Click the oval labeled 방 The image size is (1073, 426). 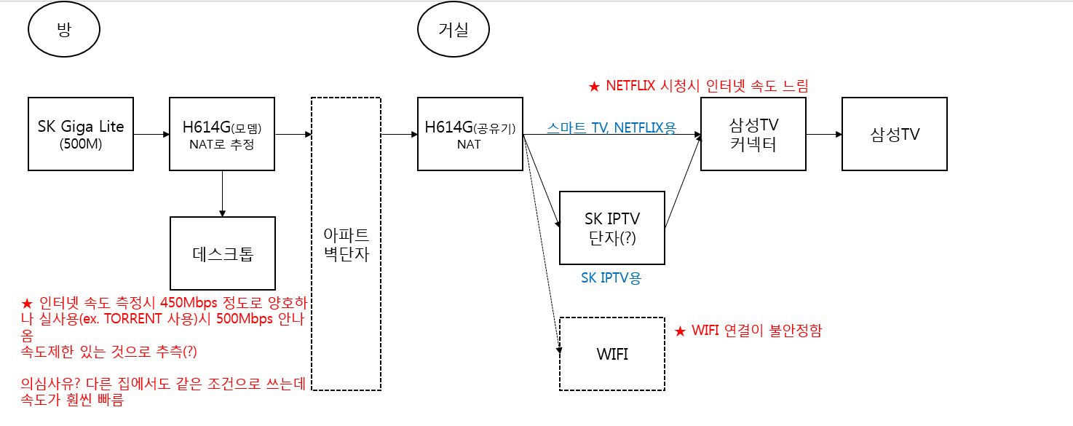tap(63, 30)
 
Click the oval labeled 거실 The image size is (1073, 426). tap(453, 30)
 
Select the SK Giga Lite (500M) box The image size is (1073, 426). tap(81, 133)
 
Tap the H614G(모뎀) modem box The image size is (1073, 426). tap(222, 133)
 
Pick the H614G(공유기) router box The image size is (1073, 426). tap(470, 133)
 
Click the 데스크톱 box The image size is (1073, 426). tap(222, 253)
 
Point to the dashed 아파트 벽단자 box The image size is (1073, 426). tap(346, 244)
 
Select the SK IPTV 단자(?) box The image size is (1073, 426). tap(611, 227)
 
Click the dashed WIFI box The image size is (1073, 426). tap(611, 354)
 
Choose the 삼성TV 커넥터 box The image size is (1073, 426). tap(753, 133)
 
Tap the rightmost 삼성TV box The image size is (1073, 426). tap(894, 133)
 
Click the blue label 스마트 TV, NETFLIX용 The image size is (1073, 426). tap(611, 128)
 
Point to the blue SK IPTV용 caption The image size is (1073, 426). tap(611, 277)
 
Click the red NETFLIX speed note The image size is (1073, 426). tap(698, 86)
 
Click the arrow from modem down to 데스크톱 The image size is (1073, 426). tap(222, 193)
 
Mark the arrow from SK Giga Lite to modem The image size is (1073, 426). tap(151, 134)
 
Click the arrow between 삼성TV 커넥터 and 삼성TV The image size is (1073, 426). tap(823, 134)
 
